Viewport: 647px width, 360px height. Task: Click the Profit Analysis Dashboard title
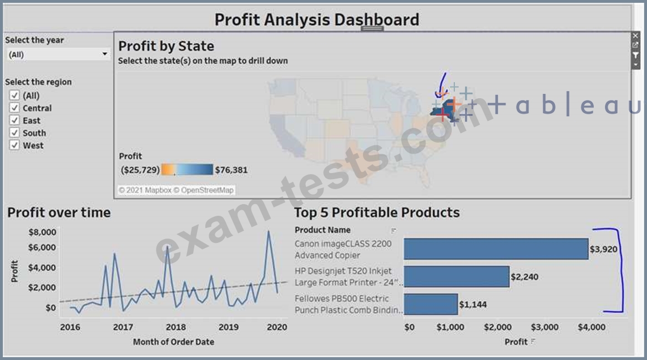pyautogui.click(x=316, y=20)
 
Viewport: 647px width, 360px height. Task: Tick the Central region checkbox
pyautogui.click(x=15, y=108)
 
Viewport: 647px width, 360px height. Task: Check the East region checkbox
pyautogui.click(x=15, y=120)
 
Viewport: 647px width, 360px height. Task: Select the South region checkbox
pyautogui.click(x=15, y=133)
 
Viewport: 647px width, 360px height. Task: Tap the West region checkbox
pyautogui.click(x=15, y=145)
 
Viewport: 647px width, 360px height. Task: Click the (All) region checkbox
pyautogui.click(x=15, y=95)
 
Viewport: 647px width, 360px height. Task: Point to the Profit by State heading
pyautogui.click(x=166, y=46)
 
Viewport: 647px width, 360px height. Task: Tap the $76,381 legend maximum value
pyautogui.click(x=231, y=170)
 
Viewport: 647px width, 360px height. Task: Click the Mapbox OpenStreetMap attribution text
pyautogui.click(x=176, y=190)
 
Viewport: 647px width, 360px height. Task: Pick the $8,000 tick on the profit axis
pyautogui.click(x=42, y=232)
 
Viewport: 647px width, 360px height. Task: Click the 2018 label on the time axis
pyautogui.click(x=176, y=327)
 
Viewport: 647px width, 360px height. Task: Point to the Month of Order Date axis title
pyautogui.click(x=173, y=342)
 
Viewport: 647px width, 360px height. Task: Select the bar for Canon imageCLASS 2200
pyautogui.click(x=496, y=249)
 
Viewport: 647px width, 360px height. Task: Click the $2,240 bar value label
pyautogui.click(x=524, y=277)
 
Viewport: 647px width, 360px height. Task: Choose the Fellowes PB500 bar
pyautogui.click(x=431, y=304)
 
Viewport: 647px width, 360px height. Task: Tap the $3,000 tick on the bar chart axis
pyautogui.click(x=544, y=327)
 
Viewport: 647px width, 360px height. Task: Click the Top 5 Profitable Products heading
pyautogui.click(x=377, y=212)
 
